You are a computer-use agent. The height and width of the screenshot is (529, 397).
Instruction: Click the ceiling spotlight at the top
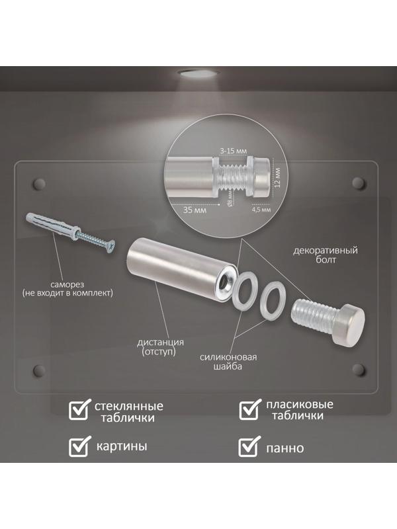198,73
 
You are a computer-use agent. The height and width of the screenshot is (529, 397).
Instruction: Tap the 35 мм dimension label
195,210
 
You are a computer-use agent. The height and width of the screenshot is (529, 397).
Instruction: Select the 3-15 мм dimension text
234,151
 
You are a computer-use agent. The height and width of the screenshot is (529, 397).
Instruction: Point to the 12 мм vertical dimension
277,179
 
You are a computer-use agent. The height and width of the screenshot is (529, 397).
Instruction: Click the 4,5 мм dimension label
261,209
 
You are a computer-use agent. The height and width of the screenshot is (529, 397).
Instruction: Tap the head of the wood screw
110,246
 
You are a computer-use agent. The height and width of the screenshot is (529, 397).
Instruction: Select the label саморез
67,284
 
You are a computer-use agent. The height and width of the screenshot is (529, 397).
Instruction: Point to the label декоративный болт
326,255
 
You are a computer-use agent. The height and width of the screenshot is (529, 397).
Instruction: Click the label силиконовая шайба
228,362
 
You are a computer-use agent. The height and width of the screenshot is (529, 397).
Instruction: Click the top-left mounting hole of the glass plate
39,183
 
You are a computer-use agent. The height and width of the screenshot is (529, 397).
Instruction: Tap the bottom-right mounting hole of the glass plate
359,370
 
